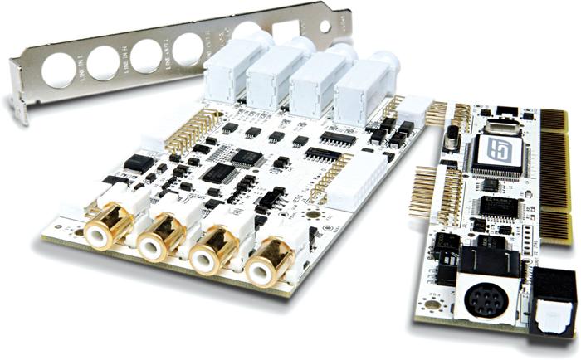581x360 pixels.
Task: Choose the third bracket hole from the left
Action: coord(147,54)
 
